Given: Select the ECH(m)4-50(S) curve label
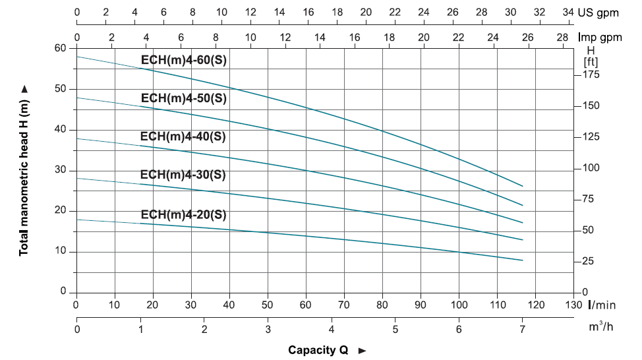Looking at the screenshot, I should [184, 98].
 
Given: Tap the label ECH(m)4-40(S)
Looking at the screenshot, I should [184, 136].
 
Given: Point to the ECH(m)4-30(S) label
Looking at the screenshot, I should [184, 175].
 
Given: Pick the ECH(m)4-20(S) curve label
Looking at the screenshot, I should [184, 215].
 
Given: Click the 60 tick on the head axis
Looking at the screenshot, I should [61, 48].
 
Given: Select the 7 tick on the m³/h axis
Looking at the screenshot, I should [523, 329].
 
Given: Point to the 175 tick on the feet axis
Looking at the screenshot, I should [591, 75].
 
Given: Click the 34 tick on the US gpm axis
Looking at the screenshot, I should [568, 13].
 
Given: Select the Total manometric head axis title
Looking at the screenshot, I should [24, 170].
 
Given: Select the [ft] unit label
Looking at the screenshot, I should [591, 61].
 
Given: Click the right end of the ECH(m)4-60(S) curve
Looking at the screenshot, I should [523, 186].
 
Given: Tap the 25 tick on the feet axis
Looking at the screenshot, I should [588, 262].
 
